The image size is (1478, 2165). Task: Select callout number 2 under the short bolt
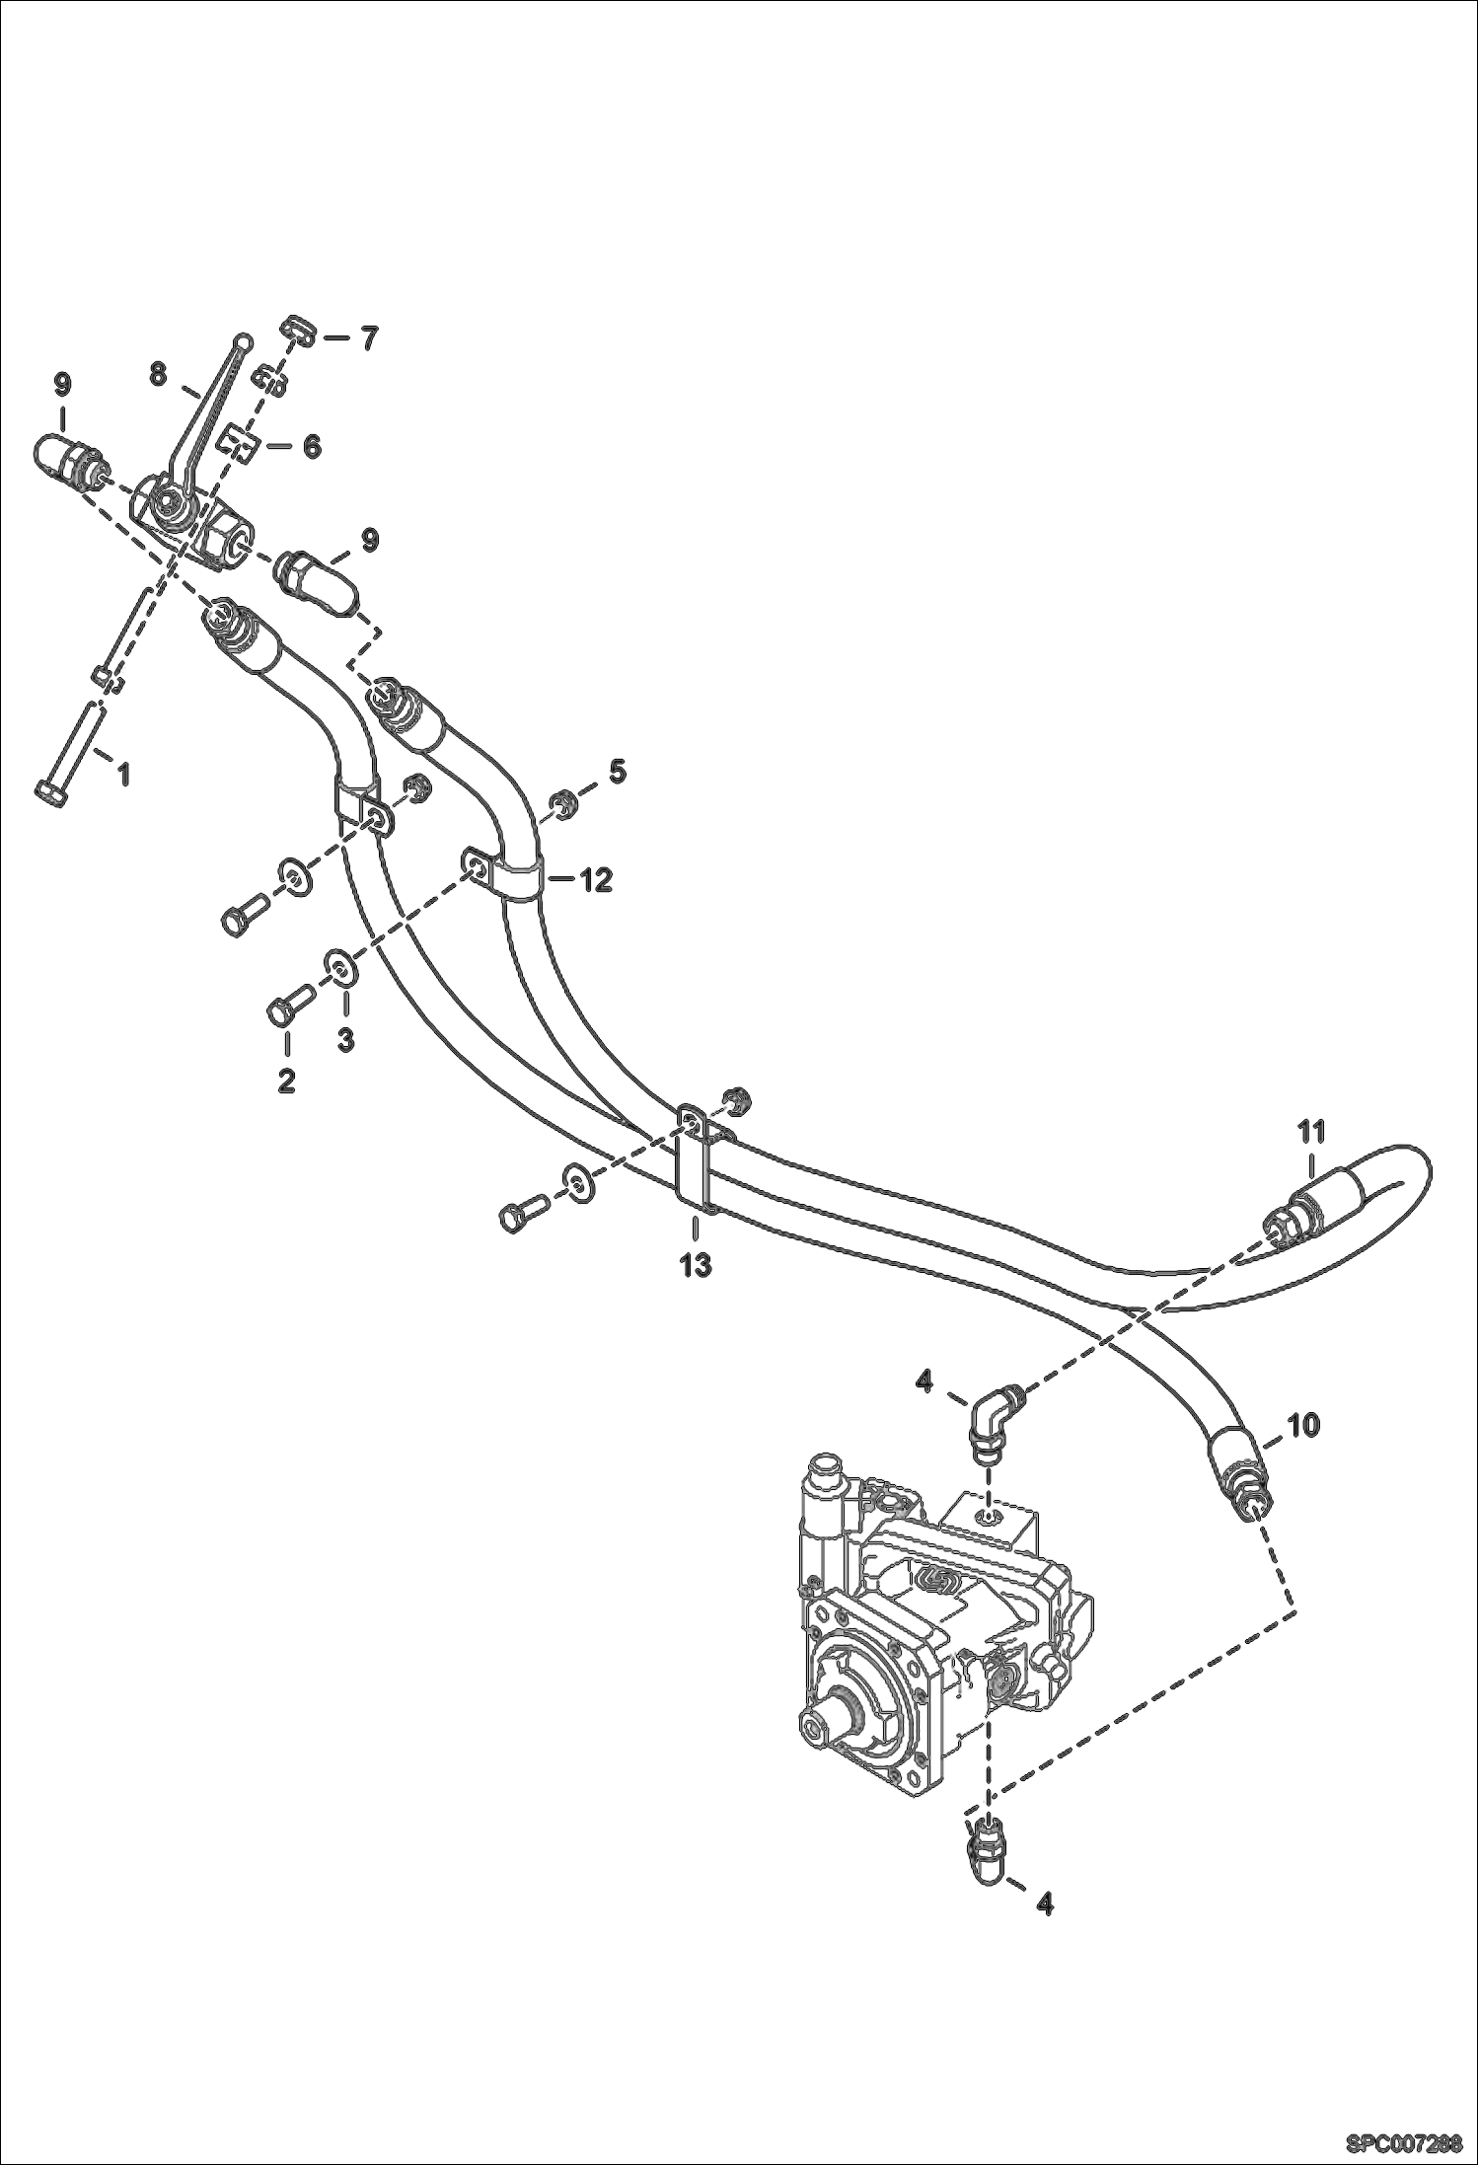click(x=286, y=1081)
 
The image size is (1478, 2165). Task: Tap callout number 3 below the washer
click(x=345, y=1040)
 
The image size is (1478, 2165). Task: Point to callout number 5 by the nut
click(x=617, y=772)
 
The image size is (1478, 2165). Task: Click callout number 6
click(x=312, y=447)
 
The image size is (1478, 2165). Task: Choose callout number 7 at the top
click(x=367, y=338)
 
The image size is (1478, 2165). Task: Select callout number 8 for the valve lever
click(x=158, y=374)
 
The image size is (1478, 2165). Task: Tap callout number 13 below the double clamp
click(x=697, y=1264)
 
